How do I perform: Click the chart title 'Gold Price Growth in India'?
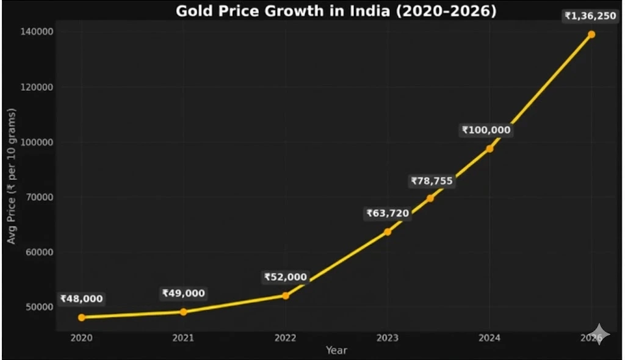336,11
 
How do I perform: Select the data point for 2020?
82,317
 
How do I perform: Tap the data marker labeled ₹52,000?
286,295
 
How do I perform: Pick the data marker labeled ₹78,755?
430,198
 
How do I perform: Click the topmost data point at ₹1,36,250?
591,35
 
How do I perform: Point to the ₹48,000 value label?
82,299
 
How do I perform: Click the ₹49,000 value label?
183,293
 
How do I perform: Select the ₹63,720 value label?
388,214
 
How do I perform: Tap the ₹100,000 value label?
486,130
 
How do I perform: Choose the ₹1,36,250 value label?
590,16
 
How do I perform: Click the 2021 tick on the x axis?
184,337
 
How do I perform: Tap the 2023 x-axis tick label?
388,337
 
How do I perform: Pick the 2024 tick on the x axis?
490,337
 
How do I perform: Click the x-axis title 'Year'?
336,350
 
